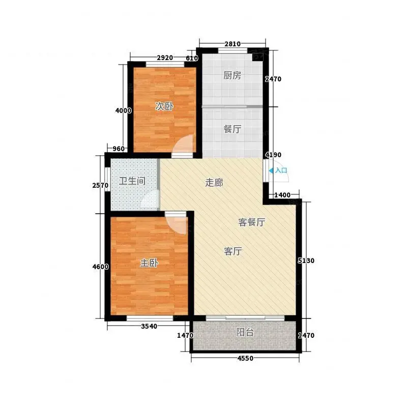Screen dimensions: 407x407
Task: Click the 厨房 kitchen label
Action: click(x=232, y=75)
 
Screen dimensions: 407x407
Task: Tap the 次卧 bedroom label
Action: click(x=164, y=106)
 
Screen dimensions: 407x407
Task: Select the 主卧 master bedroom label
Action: click(x=149, y=263)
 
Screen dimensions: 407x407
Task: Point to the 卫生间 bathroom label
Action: click(x=132, y=181)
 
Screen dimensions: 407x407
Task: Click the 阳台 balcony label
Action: click(x=245, y=332)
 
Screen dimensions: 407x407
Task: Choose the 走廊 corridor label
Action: click(x=214, y=183)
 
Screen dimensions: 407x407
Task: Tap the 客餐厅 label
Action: click(x=251, y=222)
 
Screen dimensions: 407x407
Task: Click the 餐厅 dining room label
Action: click(x=232, y=129)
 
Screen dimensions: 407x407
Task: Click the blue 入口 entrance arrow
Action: click(x=271, y=170)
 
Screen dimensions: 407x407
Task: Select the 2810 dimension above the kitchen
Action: click(x=232, y=44)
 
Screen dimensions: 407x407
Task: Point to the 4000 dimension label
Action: click(x=123, y=110)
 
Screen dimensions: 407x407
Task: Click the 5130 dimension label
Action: click(x=306, y=260)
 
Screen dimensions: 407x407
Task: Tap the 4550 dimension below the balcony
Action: click(x=245, y=359)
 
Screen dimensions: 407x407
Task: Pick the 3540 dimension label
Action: click(x=149, y=326)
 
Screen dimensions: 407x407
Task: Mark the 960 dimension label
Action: click(x=119, y=149)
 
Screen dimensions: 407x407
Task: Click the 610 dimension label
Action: click(x=192, y=59)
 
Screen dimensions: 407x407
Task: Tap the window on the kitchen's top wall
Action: click(x=232, y=50)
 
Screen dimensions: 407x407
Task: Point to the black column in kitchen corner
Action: click(x=257, y=57)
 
